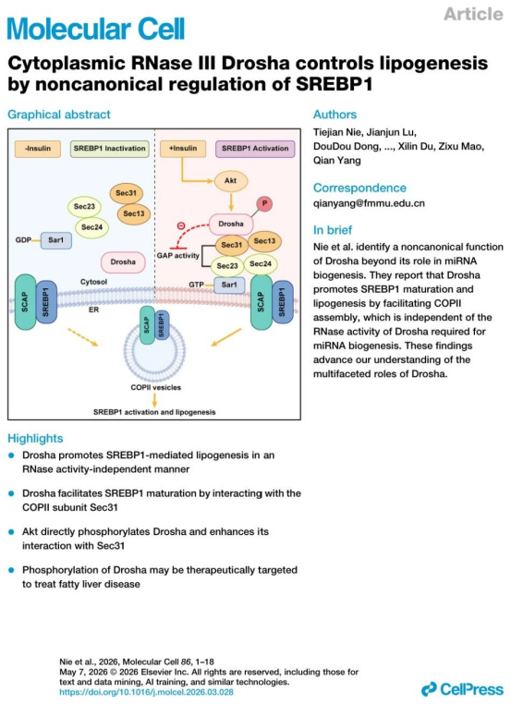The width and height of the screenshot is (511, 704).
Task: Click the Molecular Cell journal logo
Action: pyautogui.click(x=96, y=29)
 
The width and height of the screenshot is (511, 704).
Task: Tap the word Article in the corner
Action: pyautogui.click(x=473, y=14)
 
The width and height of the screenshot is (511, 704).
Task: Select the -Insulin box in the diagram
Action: pyautogui.click(x=38, y=149)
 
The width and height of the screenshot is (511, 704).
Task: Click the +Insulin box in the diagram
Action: pyautogui.click(x=183, y=149)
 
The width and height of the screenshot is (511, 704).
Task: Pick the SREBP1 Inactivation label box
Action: pyautogui.click(x=110, y=149)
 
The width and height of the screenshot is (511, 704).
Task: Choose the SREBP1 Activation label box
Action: pyautogui.click(x=255, y=149)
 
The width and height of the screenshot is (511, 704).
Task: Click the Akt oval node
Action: pyautogui.click(x=230, y=180)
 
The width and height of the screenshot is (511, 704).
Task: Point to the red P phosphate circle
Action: pyautogui.click(x=264, y=204)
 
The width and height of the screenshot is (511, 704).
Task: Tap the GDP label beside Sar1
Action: pyautogui.click(x=23, y=240)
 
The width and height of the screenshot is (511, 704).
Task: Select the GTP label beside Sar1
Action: pyautogui.click(x=196, y=285)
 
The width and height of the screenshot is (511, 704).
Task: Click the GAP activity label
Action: pyautogui.click(x=177, y=256)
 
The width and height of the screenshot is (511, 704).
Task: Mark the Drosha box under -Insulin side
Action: pyautogui.click(x=123, y=261)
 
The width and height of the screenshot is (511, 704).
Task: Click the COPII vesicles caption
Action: pyautogui.click(x=156, y=387)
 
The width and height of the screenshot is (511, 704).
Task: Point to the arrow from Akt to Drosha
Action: pyautogui.click(x=231, y=202)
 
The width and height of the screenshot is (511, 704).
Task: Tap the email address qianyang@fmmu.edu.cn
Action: pyautogui.click(x=369, y=203)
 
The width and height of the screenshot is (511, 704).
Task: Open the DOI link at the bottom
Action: pyautogui.click(x=146, y=692)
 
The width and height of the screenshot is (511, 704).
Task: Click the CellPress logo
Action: pyautogui.click(x=462, y=688)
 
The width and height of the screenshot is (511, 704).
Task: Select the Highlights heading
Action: pyautogui.click(x=35, y=438)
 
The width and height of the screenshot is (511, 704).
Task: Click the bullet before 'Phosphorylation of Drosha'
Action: pyautogui.click(x=12, y=570)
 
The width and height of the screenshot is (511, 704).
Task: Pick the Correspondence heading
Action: pyautogui.click(x=359, y=188)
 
